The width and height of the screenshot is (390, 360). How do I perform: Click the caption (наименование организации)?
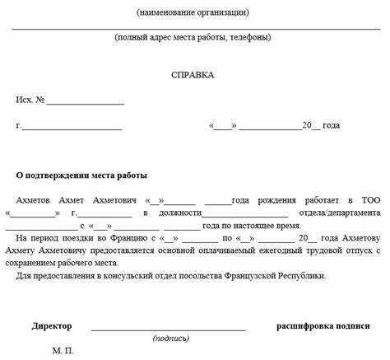tap(193, 12)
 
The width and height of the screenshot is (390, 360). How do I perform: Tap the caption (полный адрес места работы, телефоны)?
tap(193, 38)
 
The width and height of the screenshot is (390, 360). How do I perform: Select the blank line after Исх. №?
tap(86, 102)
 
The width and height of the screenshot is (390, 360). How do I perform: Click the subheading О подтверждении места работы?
tap(82, 176)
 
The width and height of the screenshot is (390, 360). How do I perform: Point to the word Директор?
tap(52, 326)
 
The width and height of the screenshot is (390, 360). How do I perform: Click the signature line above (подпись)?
tap(169, 329)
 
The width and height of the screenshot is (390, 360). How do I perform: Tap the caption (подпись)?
tap(171, 339)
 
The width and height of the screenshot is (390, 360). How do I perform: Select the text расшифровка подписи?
tap(323, 326)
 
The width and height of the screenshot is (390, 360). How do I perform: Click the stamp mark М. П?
tap(63, 351)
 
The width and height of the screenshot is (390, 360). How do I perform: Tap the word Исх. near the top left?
tap(24, 101)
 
